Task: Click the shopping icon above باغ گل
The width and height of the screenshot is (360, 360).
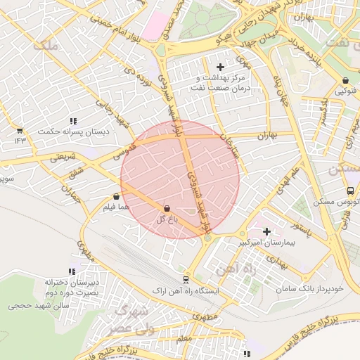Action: pyautogui.click(x=167, y=209)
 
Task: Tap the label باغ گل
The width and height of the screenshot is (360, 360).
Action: pyautogui.click(x=165, y=220)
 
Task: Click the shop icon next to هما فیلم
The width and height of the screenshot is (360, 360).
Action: pyautogui.click(x=116, y=198)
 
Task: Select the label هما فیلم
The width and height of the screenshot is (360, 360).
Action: pyautogui.click(x=116, y=209)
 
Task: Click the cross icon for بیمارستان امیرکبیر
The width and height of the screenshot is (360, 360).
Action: pyautogui.click(x=266, y=231)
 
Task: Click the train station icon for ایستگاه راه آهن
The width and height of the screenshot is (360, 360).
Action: pyautogui.click(x=186, y=278)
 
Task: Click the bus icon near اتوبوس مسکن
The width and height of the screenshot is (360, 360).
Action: pyautogui.click(x=350, y=191)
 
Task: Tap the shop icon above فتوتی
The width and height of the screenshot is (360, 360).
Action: pyautogui.click(x=346, y=80)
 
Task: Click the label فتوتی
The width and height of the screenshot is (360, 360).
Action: pyautogui.click(x=346, y=91)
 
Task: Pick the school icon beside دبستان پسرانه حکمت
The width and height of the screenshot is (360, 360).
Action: pyautogui.click(x=75, y=120)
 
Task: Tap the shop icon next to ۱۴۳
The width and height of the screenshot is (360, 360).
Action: pyautogui.click(x=19, y=131)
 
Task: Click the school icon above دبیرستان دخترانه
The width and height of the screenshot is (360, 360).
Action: pyautogui.click(x=71, y=271)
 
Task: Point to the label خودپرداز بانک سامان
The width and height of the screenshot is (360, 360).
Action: pyautogui.click(x=310, y=289)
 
